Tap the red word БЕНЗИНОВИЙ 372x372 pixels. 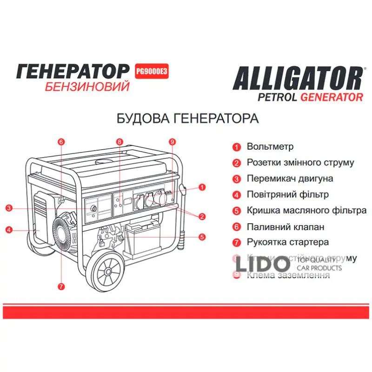86,87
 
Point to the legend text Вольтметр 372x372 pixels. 270,147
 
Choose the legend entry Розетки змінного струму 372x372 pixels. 300,163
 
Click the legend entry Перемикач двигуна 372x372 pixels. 290,179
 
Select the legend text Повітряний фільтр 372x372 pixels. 288,194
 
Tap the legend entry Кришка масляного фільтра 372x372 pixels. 306,211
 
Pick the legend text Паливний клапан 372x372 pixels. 286,227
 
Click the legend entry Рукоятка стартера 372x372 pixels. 288,242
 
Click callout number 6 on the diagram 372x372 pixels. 61,141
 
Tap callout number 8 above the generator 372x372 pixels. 120,141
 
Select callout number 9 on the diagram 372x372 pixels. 172,141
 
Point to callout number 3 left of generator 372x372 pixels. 9,208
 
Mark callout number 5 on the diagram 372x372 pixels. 202,237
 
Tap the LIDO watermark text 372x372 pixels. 262,264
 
